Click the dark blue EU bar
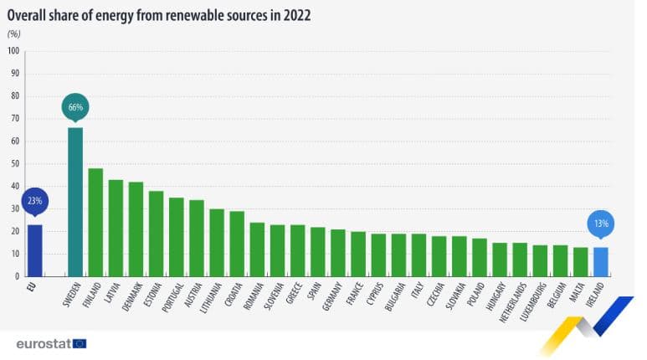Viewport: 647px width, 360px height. pos(34,249)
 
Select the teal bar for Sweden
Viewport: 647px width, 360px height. pos(75,201)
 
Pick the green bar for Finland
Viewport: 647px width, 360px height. pos(95,222)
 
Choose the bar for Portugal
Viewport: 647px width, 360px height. pos(176,236)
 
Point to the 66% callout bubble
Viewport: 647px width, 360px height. pos(75,107)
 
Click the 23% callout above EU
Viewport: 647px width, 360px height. pos(35,202)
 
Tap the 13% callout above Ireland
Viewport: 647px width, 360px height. pos(601,224)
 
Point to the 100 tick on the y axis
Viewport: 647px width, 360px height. pos(13,50)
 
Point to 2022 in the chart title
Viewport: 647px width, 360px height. pos(297,14)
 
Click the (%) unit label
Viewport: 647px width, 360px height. pos(13,33)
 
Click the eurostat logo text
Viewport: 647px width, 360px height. pos(43,342)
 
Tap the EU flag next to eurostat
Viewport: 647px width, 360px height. pos(80,342)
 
